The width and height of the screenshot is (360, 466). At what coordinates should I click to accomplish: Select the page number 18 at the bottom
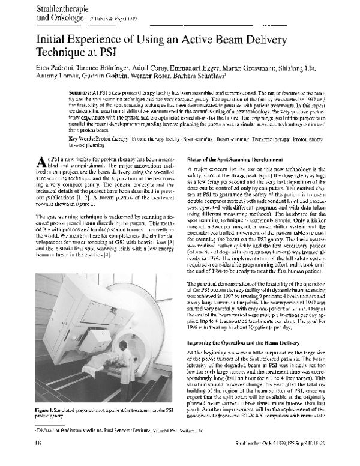22,458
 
